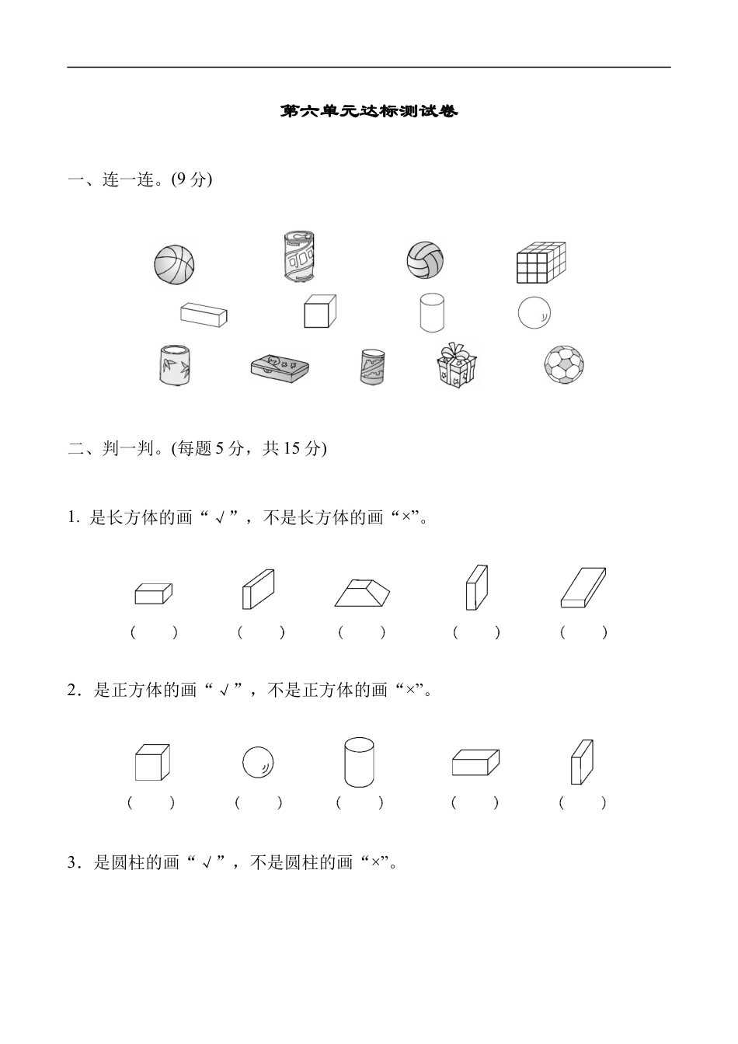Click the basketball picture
coord(174,264)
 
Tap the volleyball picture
coord(425,260)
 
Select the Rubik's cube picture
coord(541,263)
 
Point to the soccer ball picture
coord(563,365)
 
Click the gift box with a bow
coord(456,366)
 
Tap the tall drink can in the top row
coord(301,257)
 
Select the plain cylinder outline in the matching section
coord(432,312)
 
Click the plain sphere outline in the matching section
coord(534,313)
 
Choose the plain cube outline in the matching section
coord(319,311)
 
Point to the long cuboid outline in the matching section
coord(204,315)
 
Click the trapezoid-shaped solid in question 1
coord(363,592)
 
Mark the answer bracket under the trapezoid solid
coord(362,632)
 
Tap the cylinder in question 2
coord(359,762)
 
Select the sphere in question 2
coord(258,762)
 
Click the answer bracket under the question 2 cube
coord(151,802)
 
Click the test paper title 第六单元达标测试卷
coord(369,112)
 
